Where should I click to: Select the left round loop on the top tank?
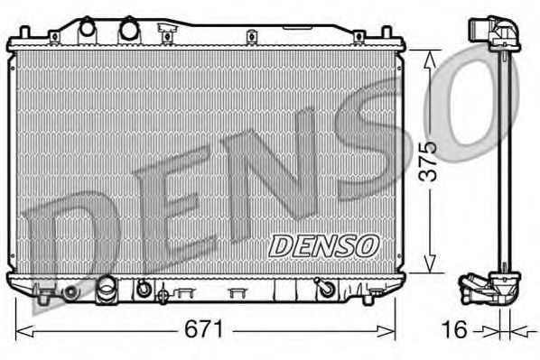(x=88, y=28)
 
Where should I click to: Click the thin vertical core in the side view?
(x=502, y=162)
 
